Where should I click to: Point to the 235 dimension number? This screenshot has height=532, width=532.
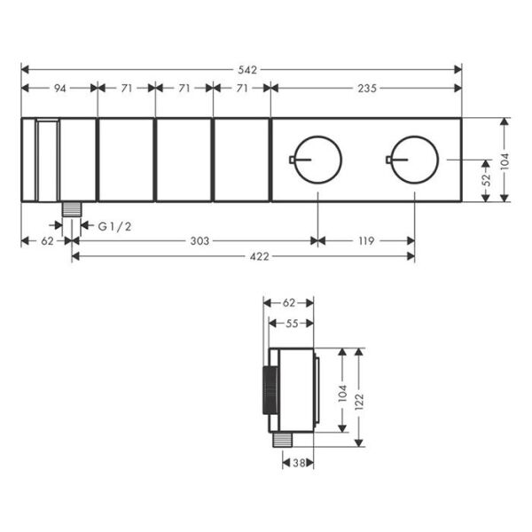(366, 89)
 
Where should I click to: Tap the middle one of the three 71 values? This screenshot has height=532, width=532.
(184, 89)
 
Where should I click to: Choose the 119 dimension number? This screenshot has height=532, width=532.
(366, 240)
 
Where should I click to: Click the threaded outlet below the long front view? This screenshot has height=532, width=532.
(72, 209)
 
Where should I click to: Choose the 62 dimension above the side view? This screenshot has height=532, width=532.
(289, 303)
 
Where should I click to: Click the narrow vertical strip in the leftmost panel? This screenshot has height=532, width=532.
(35, 160)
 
